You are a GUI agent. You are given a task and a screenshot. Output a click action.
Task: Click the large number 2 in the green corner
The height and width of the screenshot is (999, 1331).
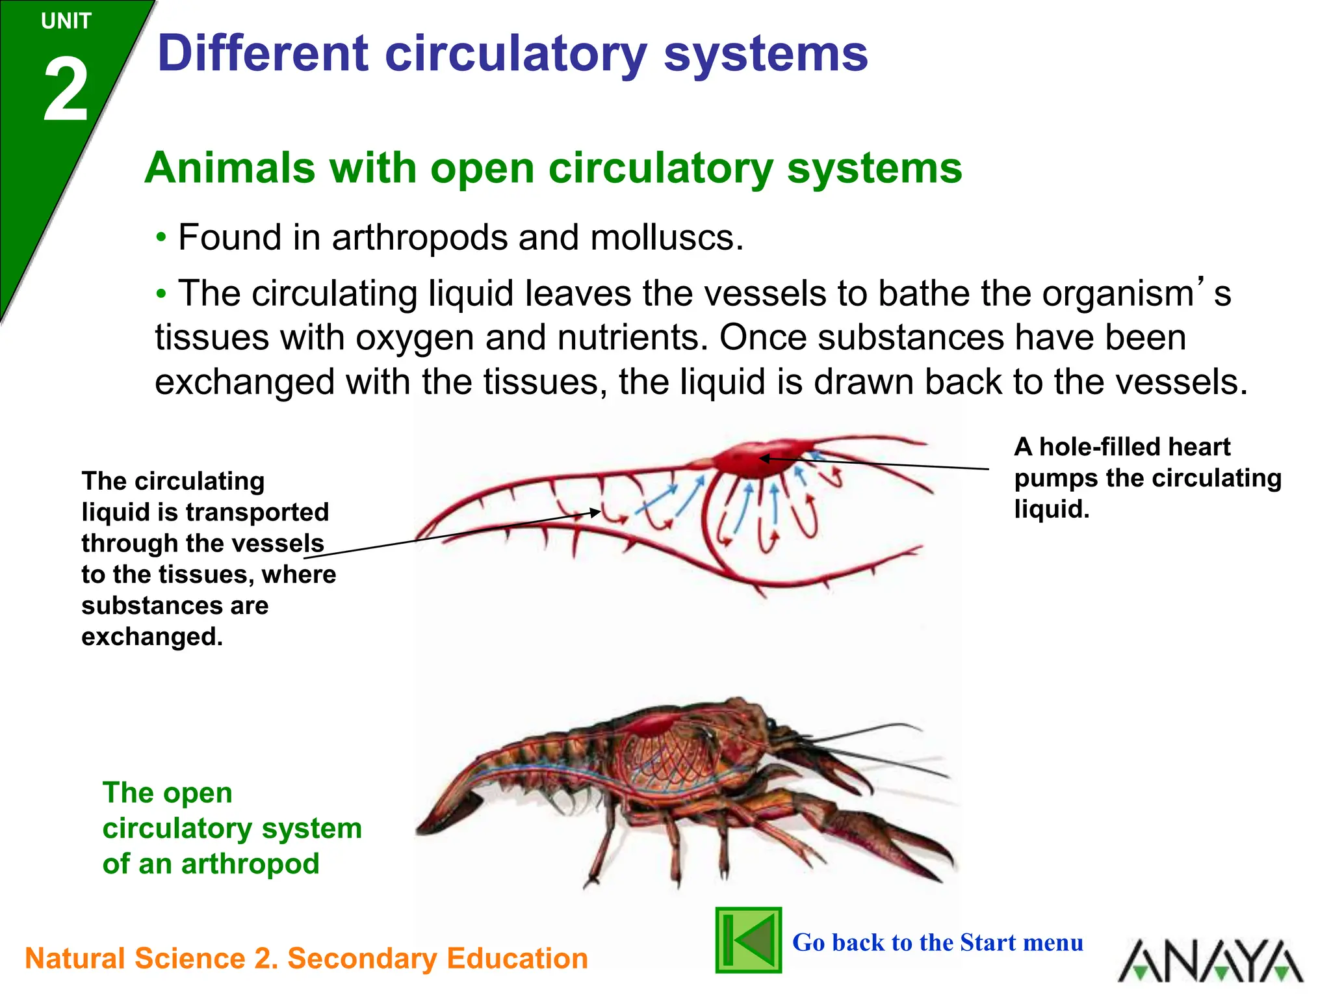pyautogui.click(x=66, y=91)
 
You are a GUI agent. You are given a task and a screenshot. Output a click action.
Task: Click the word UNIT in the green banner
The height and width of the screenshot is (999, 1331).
pyautogui.click(x=66, y=21)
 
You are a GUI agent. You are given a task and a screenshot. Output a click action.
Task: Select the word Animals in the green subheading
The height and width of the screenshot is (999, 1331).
pyautogui.click(x=229, y=168)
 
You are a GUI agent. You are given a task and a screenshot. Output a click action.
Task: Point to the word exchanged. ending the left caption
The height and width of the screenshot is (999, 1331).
pyautogui.click(x=151, y=637)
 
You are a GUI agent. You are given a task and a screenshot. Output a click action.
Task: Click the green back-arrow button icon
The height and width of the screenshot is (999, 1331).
pyautogui.click(x=748, y=940)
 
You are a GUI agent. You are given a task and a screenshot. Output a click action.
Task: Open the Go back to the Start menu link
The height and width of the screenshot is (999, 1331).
pyautogui.click(x=937, y=942)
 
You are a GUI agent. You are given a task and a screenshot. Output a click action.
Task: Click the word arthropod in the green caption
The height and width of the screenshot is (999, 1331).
pyautogui.click(x=250, y=864)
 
